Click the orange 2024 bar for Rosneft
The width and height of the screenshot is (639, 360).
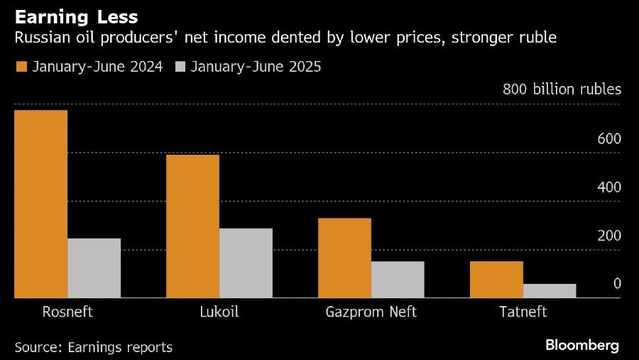(x=40, y=204)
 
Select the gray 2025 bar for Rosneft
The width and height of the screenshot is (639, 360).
(x=94, y=268)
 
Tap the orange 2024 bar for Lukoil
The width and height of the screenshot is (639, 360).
(x=192, y=226)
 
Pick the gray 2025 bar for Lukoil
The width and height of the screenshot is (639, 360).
(x=246, y=263)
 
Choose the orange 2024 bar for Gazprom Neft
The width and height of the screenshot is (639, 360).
(x=344, y=258)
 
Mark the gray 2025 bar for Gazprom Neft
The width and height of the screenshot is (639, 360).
(x=398, y=280)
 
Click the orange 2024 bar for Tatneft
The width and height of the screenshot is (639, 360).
(x=496, y=280)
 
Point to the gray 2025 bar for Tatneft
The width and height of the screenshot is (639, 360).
(x=550, y=291)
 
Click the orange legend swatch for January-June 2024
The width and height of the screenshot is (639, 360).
(x=21, y=67)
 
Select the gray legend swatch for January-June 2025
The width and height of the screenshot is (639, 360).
(x=180, y=67)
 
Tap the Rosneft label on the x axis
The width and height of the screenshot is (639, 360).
(x=67, y=312)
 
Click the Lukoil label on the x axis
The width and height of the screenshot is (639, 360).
(x=219, y=312)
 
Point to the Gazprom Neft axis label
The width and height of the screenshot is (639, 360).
(x=371, y=312)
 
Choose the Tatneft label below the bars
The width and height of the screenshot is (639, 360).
(x=523, y=312)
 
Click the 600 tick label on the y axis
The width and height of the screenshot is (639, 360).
(x=608, y=139)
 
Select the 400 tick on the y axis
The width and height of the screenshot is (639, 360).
(x=608, y=187)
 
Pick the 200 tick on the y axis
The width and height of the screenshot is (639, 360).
(x=608, y=236)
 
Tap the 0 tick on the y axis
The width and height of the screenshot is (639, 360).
(x=617, y=284)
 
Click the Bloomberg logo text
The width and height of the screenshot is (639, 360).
(x=582, y=346)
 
